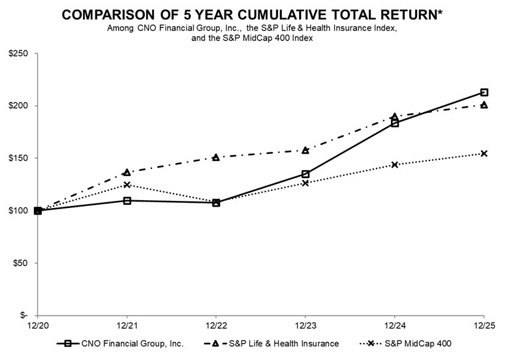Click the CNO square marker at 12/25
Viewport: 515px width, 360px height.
tap(484, 93)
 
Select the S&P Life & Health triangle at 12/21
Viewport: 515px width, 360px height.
tap(127, 172)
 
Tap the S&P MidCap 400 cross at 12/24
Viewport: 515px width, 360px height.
tap(394, 164)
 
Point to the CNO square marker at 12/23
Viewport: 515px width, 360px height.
tap(305, 174)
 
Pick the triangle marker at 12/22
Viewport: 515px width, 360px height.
tap(216, 157)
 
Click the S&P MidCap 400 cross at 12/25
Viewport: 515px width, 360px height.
tap(484, 153)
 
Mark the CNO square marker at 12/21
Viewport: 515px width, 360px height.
tap(127, 200)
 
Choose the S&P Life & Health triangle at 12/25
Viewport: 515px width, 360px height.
tap(484, 104)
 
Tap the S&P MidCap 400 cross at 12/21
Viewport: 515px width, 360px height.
tap(127, 185)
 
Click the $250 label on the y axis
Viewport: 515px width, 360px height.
tap(18, 53)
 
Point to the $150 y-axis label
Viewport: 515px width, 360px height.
tap(18, 158)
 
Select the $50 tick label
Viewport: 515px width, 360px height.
tap(20, 263)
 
